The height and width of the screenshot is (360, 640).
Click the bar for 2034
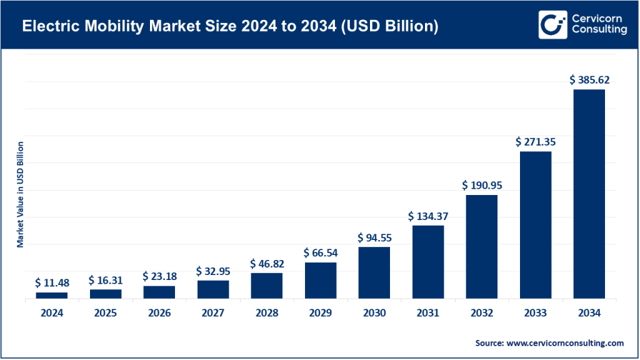589,194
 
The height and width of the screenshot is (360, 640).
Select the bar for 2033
535,225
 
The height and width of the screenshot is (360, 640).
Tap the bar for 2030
374,272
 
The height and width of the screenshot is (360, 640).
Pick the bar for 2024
51,295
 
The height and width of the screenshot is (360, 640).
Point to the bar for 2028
266,286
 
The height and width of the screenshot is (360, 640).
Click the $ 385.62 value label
589,80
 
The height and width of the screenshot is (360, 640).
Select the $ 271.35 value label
535,142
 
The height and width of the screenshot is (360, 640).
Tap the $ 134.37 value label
427,216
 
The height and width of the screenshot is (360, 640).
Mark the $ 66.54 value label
320,252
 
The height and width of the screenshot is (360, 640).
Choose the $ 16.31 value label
106,280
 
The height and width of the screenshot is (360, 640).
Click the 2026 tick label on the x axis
159,314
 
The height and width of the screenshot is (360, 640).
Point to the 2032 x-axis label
481,314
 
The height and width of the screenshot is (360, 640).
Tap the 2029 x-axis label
320,314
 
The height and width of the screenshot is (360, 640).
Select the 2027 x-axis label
213,314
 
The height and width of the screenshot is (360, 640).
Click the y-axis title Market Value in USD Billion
20,194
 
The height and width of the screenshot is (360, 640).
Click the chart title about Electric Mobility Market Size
229,26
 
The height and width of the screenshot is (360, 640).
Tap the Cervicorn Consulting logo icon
552,24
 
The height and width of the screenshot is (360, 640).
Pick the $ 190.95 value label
481,186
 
